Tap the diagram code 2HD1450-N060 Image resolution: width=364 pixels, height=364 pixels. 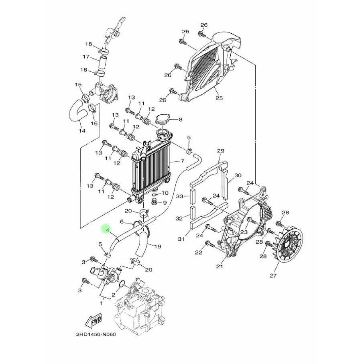coord(95,335)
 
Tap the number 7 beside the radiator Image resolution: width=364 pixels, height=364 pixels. coord(182,161)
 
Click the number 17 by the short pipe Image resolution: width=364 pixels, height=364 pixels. coord(85,57)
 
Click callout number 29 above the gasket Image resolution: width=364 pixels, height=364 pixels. coord(220,151)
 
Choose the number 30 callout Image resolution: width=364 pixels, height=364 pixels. coord(238,175)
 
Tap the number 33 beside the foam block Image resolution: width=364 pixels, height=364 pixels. coord(180,196)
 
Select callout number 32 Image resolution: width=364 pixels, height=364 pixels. coord(180,218)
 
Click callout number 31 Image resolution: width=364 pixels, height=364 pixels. coord(181,240)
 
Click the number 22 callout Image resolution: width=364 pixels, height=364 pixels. coord(199,252)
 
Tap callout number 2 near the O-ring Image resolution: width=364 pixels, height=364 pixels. coord(114,295)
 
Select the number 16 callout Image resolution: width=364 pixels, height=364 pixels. coord(94,123)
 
